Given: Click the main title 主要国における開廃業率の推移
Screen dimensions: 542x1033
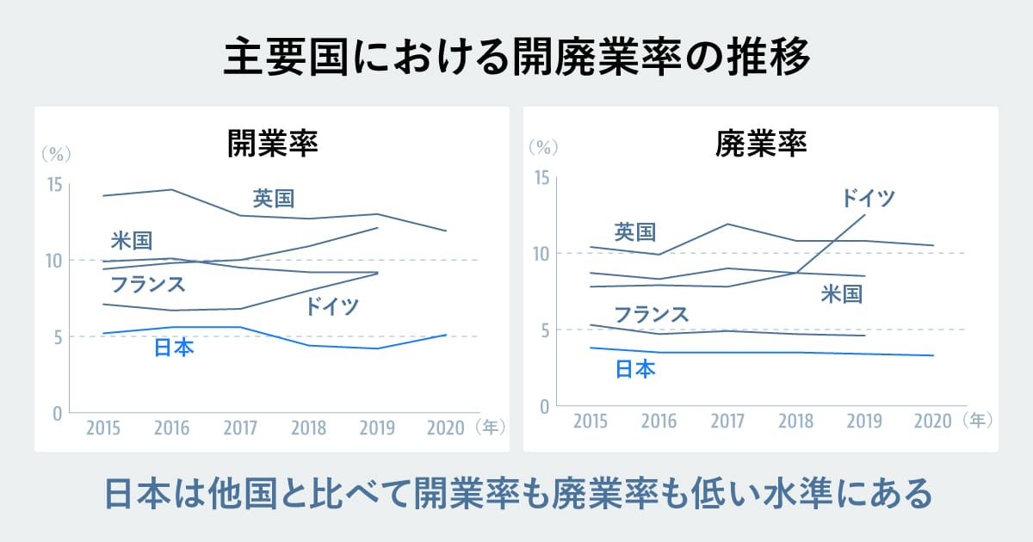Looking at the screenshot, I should coord(516,59).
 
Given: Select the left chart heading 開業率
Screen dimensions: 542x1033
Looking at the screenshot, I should coord(273,142).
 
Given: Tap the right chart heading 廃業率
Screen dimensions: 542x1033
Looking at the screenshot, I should coord(761,142).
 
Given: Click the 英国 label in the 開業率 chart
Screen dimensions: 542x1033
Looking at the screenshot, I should coord(274,199).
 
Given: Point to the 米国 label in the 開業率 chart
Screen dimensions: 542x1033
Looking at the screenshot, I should coord(132,241).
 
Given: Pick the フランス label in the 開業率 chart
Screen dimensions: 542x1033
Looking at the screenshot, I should coord(148,283).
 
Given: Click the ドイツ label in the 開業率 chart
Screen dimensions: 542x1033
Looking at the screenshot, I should coord(332,306).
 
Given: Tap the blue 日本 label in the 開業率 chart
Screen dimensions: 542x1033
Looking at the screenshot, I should coord(174,348).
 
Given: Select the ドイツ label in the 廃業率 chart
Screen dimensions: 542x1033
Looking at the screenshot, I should coord(869,199).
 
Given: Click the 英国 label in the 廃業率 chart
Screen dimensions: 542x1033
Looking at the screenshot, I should coord(635,231).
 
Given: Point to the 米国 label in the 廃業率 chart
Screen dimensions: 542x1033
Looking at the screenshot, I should coord(841,294).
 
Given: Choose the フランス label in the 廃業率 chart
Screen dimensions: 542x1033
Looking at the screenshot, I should coord(652,314).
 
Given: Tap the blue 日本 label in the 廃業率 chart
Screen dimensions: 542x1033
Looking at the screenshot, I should coord(636,369).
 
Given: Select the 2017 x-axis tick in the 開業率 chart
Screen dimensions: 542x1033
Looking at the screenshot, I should coord(240,428).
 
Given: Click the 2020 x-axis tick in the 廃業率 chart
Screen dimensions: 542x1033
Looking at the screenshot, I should coord(932,421).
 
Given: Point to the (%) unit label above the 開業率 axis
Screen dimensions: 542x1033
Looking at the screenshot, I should coord(56,154).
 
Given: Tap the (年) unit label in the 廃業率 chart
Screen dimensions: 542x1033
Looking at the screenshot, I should coord(979,421).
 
